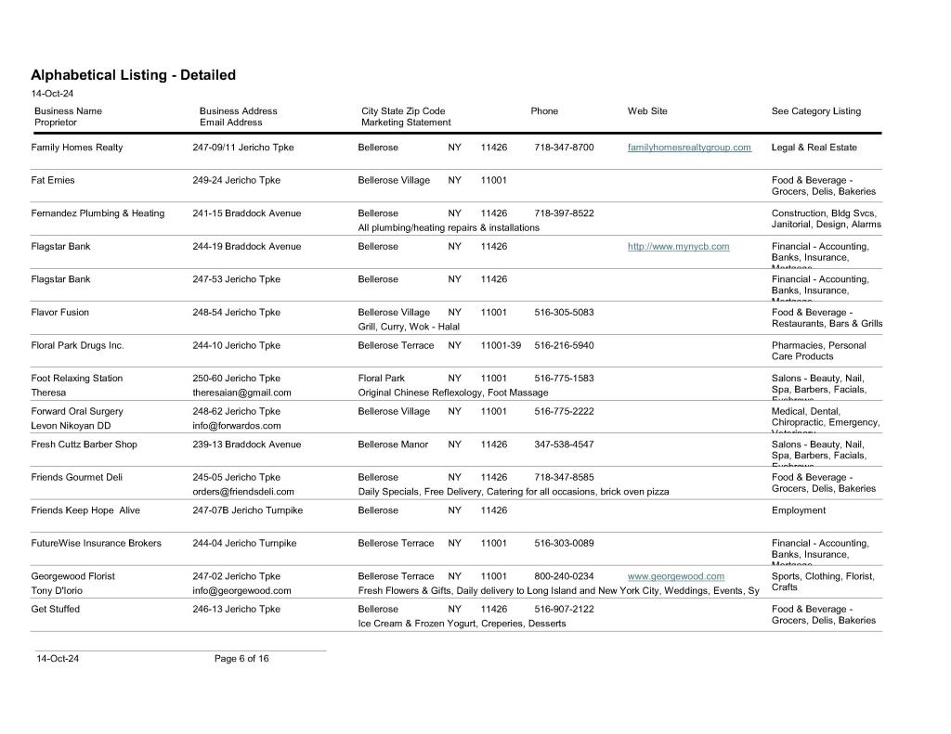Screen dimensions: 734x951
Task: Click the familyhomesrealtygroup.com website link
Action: (x=689, y=148)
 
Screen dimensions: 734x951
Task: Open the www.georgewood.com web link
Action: (x=676, y=576)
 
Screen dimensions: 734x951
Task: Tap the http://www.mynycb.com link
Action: (x=678, y=247)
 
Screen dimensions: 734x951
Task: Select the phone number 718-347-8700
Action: (x=564, y=148)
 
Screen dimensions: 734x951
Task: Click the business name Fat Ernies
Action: (x=53, y=180)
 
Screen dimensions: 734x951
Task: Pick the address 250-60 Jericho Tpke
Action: (x=236, y=379)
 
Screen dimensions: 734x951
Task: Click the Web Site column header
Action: (x=647, y=111)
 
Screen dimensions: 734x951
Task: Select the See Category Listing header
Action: (x=815, y=111)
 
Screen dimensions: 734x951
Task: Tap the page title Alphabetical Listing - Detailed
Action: (x=133, y=75)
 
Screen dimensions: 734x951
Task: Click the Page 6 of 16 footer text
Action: (x=241, y=659)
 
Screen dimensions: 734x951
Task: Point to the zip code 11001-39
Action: (x=501, y=345)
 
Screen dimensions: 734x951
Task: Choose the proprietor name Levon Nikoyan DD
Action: (x=71, y=426)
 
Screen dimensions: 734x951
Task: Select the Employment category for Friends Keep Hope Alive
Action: (x=798, y=510)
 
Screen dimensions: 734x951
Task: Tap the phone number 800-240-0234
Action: (x=564, y=576)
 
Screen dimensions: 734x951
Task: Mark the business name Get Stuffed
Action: (x=56, y=609)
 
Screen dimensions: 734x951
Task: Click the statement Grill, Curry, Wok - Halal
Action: (x=409, y=327)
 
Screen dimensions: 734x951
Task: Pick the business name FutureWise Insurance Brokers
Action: (x=96, y=543)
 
